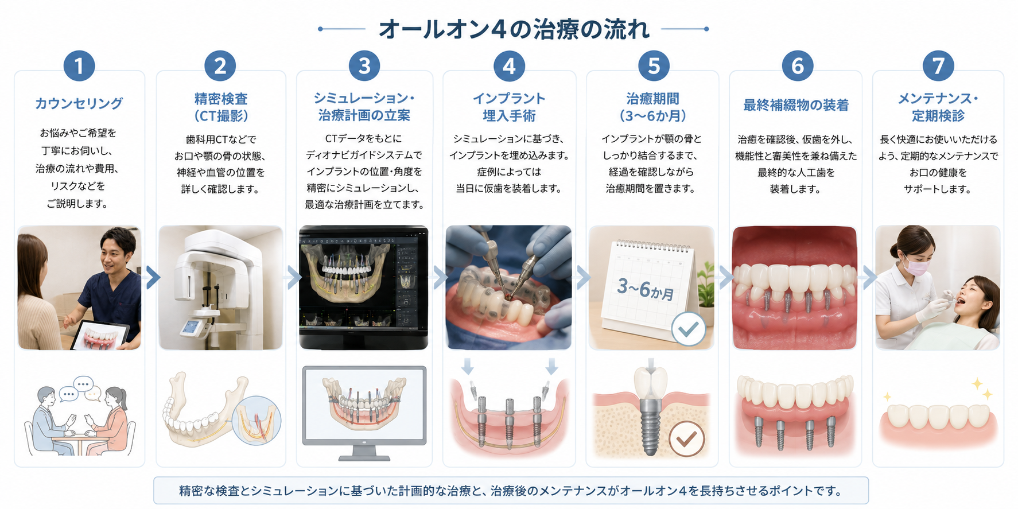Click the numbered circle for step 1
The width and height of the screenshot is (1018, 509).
79,66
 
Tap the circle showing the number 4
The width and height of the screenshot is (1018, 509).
509,66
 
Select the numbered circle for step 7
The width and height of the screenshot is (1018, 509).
938,66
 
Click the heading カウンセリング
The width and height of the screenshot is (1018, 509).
79,103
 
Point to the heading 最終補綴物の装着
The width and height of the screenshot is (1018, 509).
796,105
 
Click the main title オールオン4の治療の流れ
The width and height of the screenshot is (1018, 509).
514,29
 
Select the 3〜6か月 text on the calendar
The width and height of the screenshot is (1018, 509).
646,289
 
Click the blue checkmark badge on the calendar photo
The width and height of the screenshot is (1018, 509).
689,329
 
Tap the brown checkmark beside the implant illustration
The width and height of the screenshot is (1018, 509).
687,438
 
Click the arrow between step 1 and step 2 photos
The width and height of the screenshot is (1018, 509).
153,277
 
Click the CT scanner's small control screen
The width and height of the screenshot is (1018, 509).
191,328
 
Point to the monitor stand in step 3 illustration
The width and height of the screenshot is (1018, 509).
364,452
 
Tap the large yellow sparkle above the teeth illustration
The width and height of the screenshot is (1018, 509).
977,383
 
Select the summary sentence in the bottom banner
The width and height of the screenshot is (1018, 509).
511,491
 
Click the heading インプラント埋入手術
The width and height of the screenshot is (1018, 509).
509,107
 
